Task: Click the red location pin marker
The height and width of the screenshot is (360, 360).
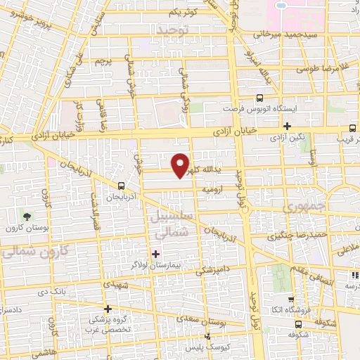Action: click(x=181, y=165)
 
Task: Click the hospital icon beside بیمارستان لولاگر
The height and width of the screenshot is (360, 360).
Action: click(x=155, y=252)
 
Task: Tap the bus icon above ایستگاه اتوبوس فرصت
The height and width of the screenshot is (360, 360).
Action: click(x=260, y=98)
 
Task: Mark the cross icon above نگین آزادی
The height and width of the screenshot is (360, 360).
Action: click(x=287, y=126)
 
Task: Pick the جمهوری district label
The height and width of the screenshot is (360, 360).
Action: click(x=302, y=209)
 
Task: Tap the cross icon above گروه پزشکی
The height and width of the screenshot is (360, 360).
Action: click(x=108, y=308)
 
